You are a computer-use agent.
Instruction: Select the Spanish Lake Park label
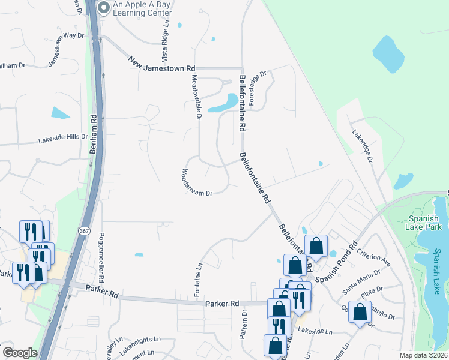(x=425, y=223)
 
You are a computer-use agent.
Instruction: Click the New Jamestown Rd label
(x=162, y=64)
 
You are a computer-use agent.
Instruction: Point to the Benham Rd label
(x=93, y=134)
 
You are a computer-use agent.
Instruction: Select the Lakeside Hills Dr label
(x=63, y=139)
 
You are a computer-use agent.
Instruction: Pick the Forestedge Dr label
(x=256, y=88)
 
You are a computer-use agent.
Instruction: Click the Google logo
(x=20, y=353)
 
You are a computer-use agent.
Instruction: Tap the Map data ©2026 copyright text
(x=424, y=355)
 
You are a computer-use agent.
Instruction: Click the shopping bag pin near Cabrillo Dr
(x=360, y=313)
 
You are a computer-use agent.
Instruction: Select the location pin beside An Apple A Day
(x=103, y=8)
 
